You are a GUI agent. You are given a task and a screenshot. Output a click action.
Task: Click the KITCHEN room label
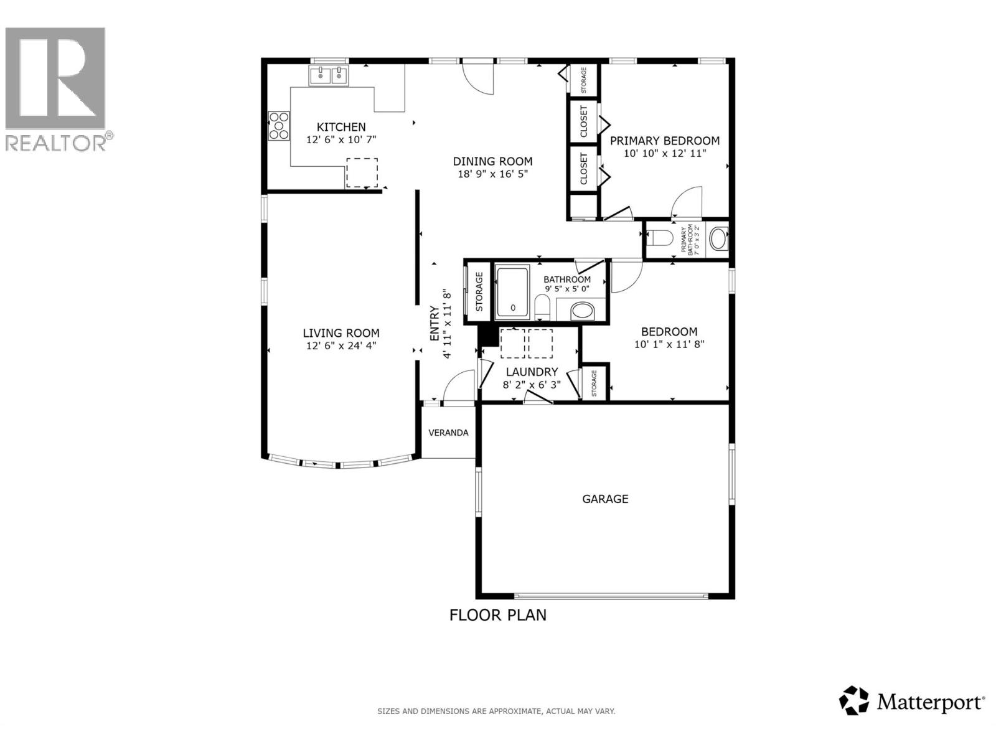click(x=341, y=127)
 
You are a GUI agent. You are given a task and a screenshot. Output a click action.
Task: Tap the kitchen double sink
click(x=329, y=77)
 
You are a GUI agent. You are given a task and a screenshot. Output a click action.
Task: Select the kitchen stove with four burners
click(x=278, y=125)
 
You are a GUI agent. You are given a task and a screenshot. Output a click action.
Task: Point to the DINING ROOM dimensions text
click(x=492, y=174)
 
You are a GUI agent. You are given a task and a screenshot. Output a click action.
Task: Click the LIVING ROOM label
click(x=341, y=333)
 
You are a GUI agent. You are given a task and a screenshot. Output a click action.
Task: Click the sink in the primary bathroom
click(x=718, y=239)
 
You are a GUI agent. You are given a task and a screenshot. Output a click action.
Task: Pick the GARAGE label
click(x=605, y=499)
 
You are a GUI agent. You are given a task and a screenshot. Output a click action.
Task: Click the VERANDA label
click(x=448, y=433)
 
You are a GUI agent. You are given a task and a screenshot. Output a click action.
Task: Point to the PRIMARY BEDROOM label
click(x=665, y=141)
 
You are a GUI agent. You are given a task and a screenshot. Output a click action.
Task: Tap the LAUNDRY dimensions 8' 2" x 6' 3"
click(x=532, y=385)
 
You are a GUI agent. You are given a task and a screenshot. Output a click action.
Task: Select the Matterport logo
click(x=912, y=702)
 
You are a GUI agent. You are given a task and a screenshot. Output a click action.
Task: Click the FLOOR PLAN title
click(x=498, y=615)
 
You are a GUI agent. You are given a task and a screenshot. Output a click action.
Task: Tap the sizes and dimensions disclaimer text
click(x=496, y=711)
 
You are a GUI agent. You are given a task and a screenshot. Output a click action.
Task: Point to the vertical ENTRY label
click(x=435, y=324)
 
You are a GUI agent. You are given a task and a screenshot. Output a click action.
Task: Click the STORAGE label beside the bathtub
click(x=479, y=291)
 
